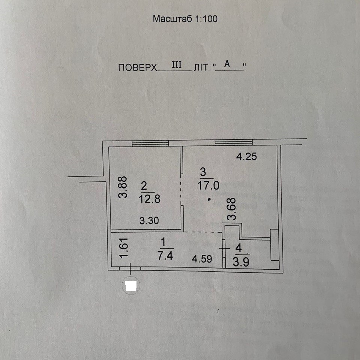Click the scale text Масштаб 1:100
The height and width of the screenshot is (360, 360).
(185, 19)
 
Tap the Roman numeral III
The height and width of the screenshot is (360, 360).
(177, 65)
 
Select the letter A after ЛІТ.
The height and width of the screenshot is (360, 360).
(227, 64)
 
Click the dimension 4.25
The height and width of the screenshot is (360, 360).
(246, 157)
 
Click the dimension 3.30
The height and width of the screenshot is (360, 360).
(149, 221)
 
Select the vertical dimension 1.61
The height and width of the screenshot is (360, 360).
(125, 248)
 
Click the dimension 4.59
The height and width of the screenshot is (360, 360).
(203, 258)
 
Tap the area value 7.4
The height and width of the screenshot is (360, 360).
(166, 256)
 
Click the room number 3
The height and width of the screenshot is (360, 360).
(203, 172)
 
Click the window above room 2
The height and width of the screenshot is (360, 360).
(150, 143)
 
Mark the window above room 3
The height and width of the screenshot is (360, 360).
(234, 142)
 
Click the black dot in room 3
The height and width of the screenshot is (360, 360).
(208, 200)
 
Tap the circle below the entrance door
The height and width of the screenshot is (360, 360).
(131, 286)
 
